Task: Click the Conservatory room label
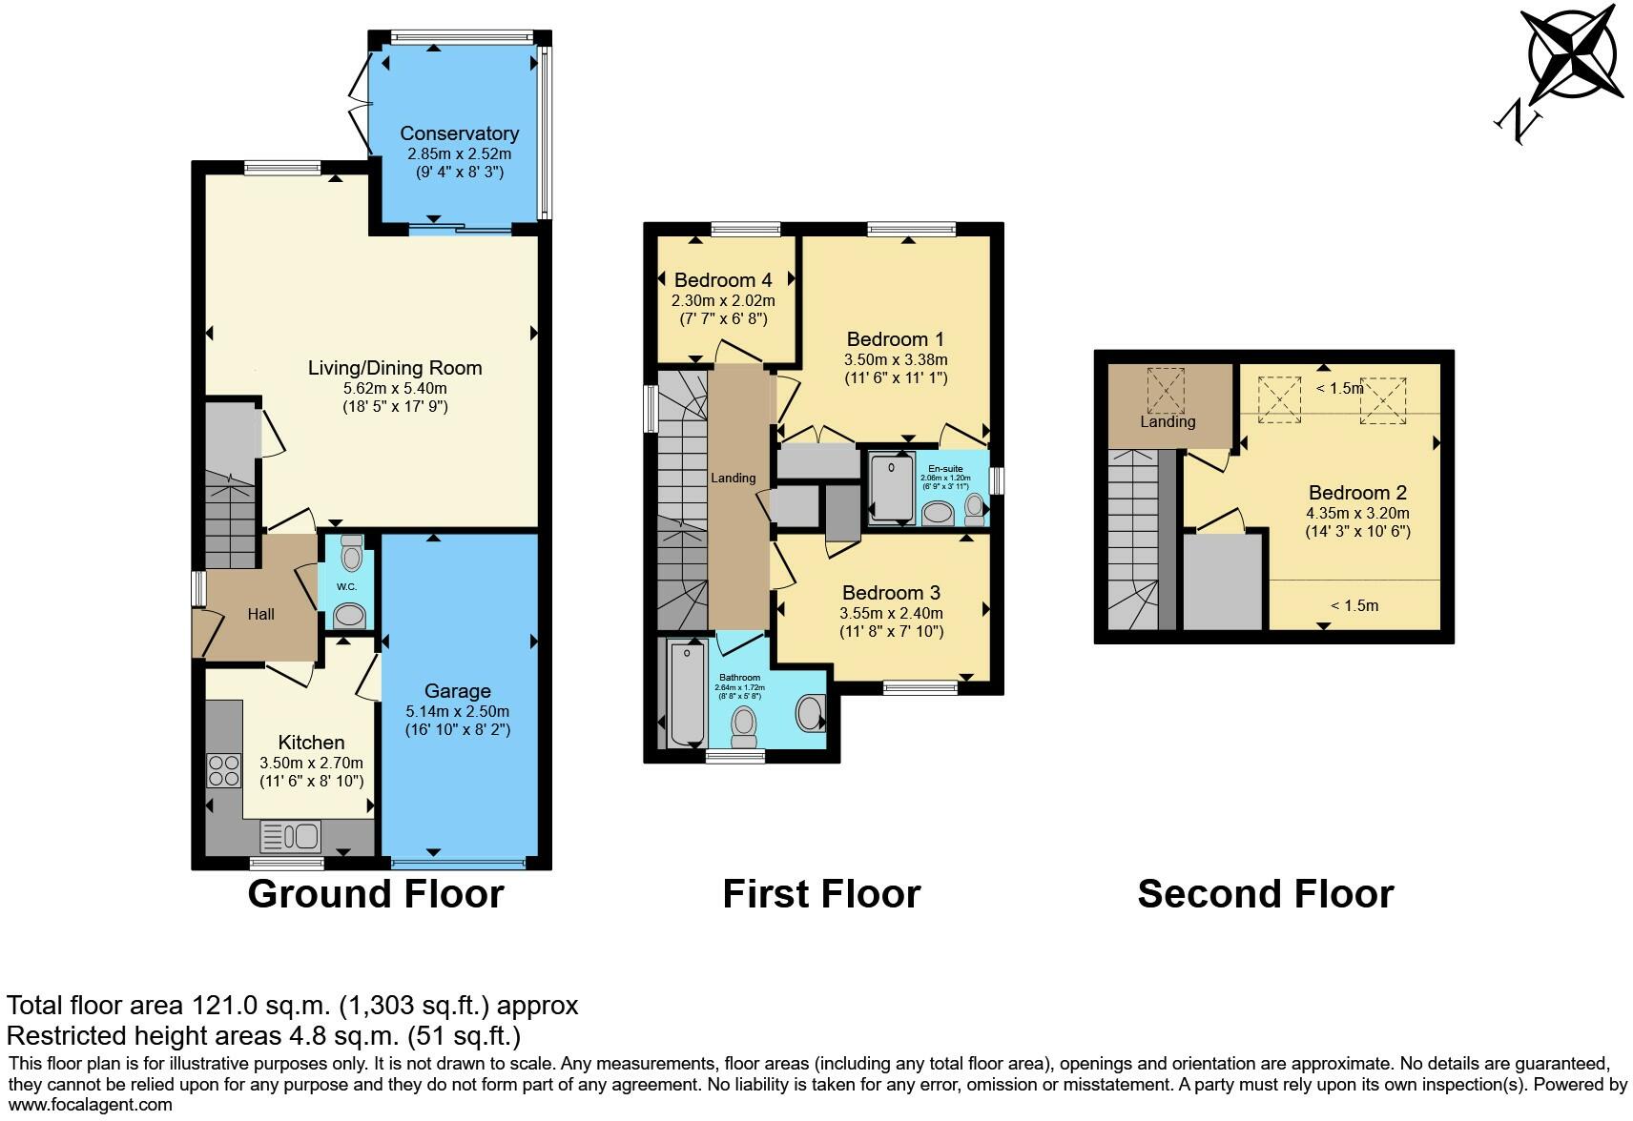[459, 133]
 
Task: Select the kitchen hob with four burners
[223, 770]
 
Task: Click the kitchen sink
[290, 837]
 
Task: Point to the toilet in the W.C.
[351, 556]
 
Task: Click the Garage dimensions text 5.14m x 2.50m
[457, 711]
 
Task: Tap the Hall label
[260, 615]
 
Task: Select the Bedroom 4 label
[722, 280]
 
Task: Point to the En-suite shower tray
[891, 487]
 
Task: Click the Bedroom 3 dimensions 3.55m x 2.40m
[891, 613]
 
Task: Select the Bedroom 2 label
[1357, 493]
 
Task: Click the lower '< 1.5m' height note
[1354, 605]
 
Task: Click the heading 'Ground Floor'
[375, 894]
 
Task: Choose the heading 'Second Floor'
[1265, 894]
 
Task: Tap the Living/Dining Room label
[395, 368]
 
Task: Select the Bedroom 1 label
[895, 339]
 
